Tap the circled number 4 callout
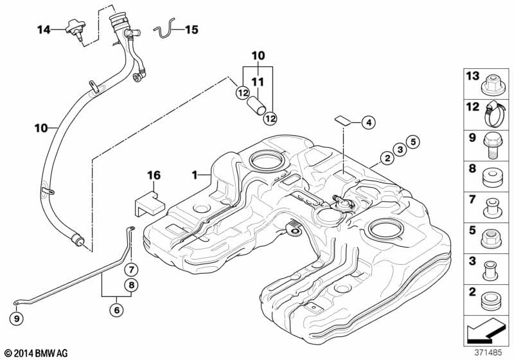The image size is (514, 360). (x=369, y=123)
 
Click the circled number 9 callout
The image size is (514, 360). (x=17, y=318)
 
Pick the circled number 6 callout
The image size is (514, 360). (x=117, y=310)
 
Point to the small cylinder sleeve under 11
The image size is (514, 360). (x=256, y=105)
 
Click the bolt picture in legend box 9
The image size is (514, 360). (x=493, y=145)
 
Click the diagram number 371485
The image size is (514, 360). (x=488, y=353)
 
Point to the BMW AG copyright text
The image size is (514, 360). (x=37, y=353)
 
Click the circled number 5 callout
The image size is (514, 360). (x=413, y=142)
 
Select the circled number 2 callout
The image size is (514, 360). (x=387, y=159)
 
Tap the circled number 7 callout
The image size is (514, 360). (x=132, y=270)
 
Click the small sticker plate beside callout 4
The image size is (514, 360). (x=343, y=120)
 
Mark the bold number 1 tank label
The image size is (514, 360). (x=195, y=175)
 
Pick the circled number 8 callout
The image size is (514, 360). (x=132, y=285)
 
